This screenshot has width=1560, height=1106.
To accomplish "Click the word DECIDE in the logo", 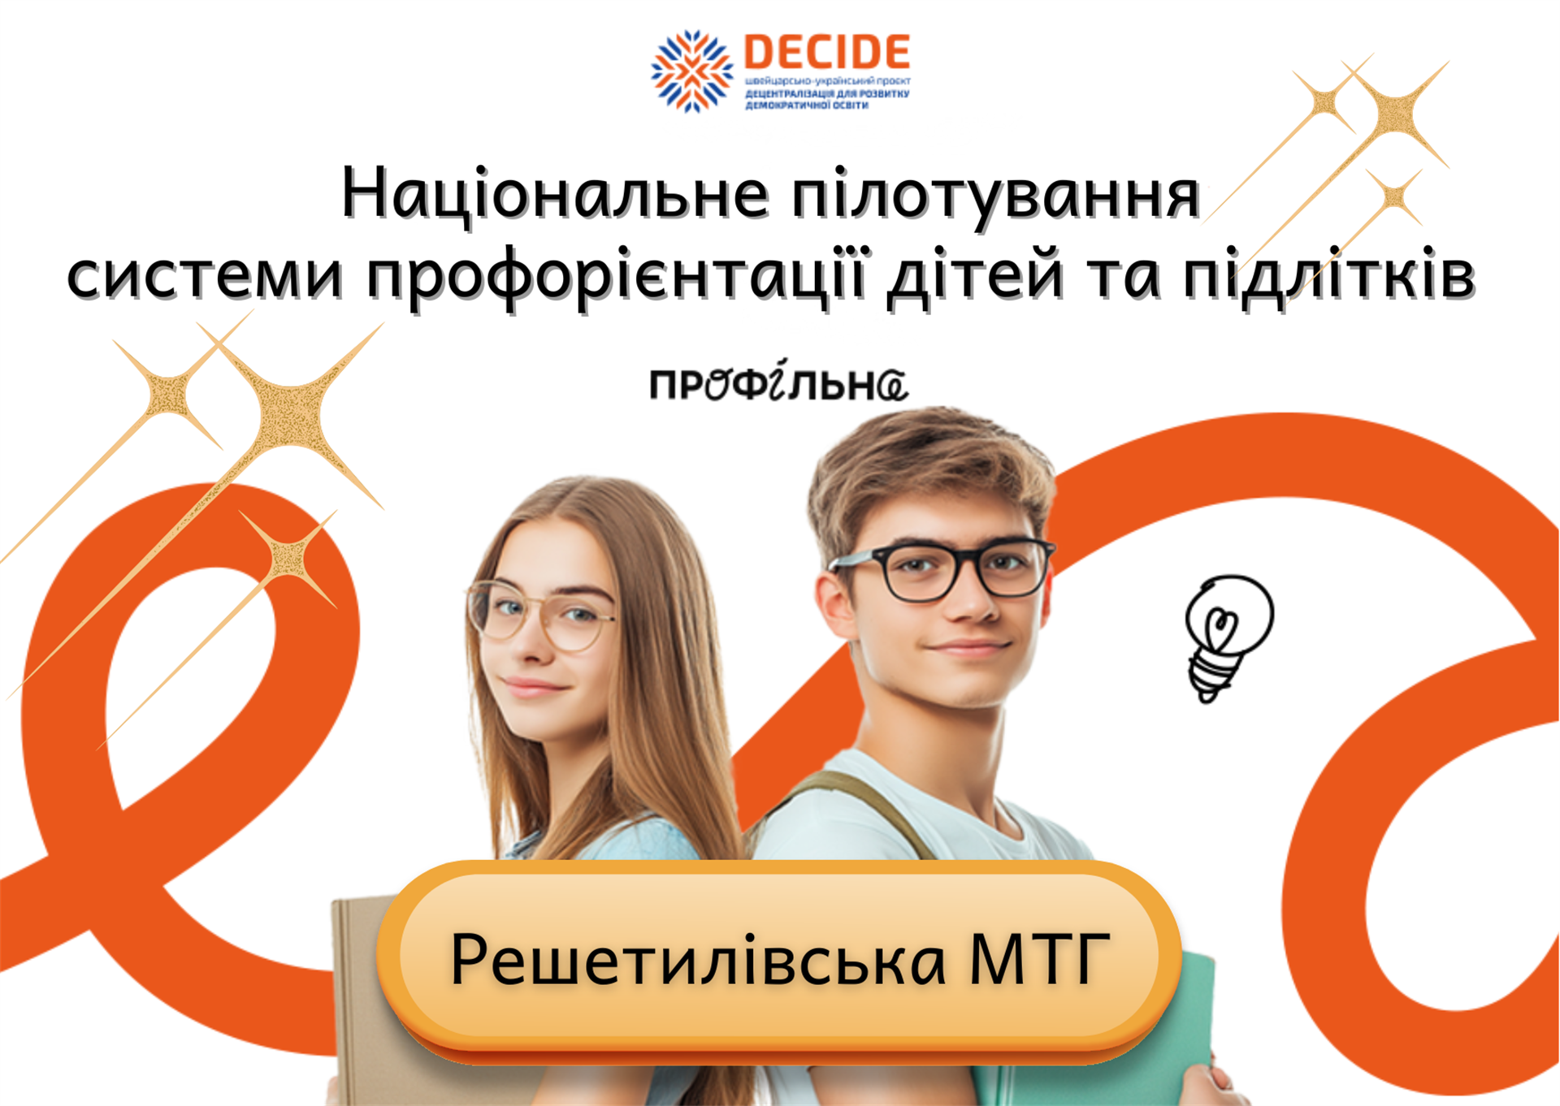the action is (x=827, y=52).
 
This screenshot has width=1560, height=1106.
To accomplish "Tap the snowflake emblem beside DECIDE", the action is (x=692, y=71).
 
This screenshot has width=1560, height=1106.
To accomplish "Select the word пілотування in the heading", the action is (x=996, y=197).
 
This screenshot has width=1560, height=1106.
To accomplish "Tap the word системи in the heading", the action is (x=205, y=278).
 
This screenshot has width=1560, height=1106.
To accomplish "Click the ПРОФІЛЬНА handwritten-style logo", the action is (x=778, y=382).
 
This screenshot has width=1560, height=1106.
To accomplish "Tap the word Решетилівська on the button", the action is (x=699, y=961).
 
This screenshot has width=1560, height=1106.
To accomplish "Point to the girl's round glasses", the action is (x=540, y=616).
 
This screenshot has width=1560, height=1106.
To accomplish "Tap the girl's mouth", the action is (x=531, y=687).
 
